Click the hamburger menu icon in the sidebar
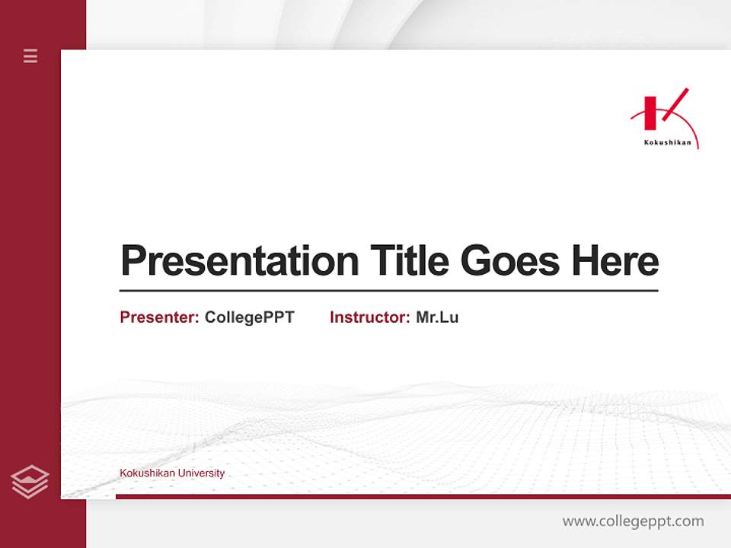pos(30,56)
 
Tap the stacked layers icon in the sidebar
pos(30,482)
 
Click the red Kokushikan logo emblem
pos(662,114)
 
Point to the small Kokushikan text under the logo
pos(667,142)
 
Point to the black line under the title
pos(388,290)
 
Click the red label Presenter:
pos(159,317)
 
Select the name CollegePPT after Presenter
pos(249,317)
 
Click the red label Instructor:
pos(369,317)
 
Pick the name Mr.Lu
pos(437,317)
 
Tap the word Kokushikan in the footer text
pos(147,473)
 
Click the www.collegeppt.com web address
pos(633,521)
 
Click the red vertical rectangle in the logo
pos(650,113)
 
